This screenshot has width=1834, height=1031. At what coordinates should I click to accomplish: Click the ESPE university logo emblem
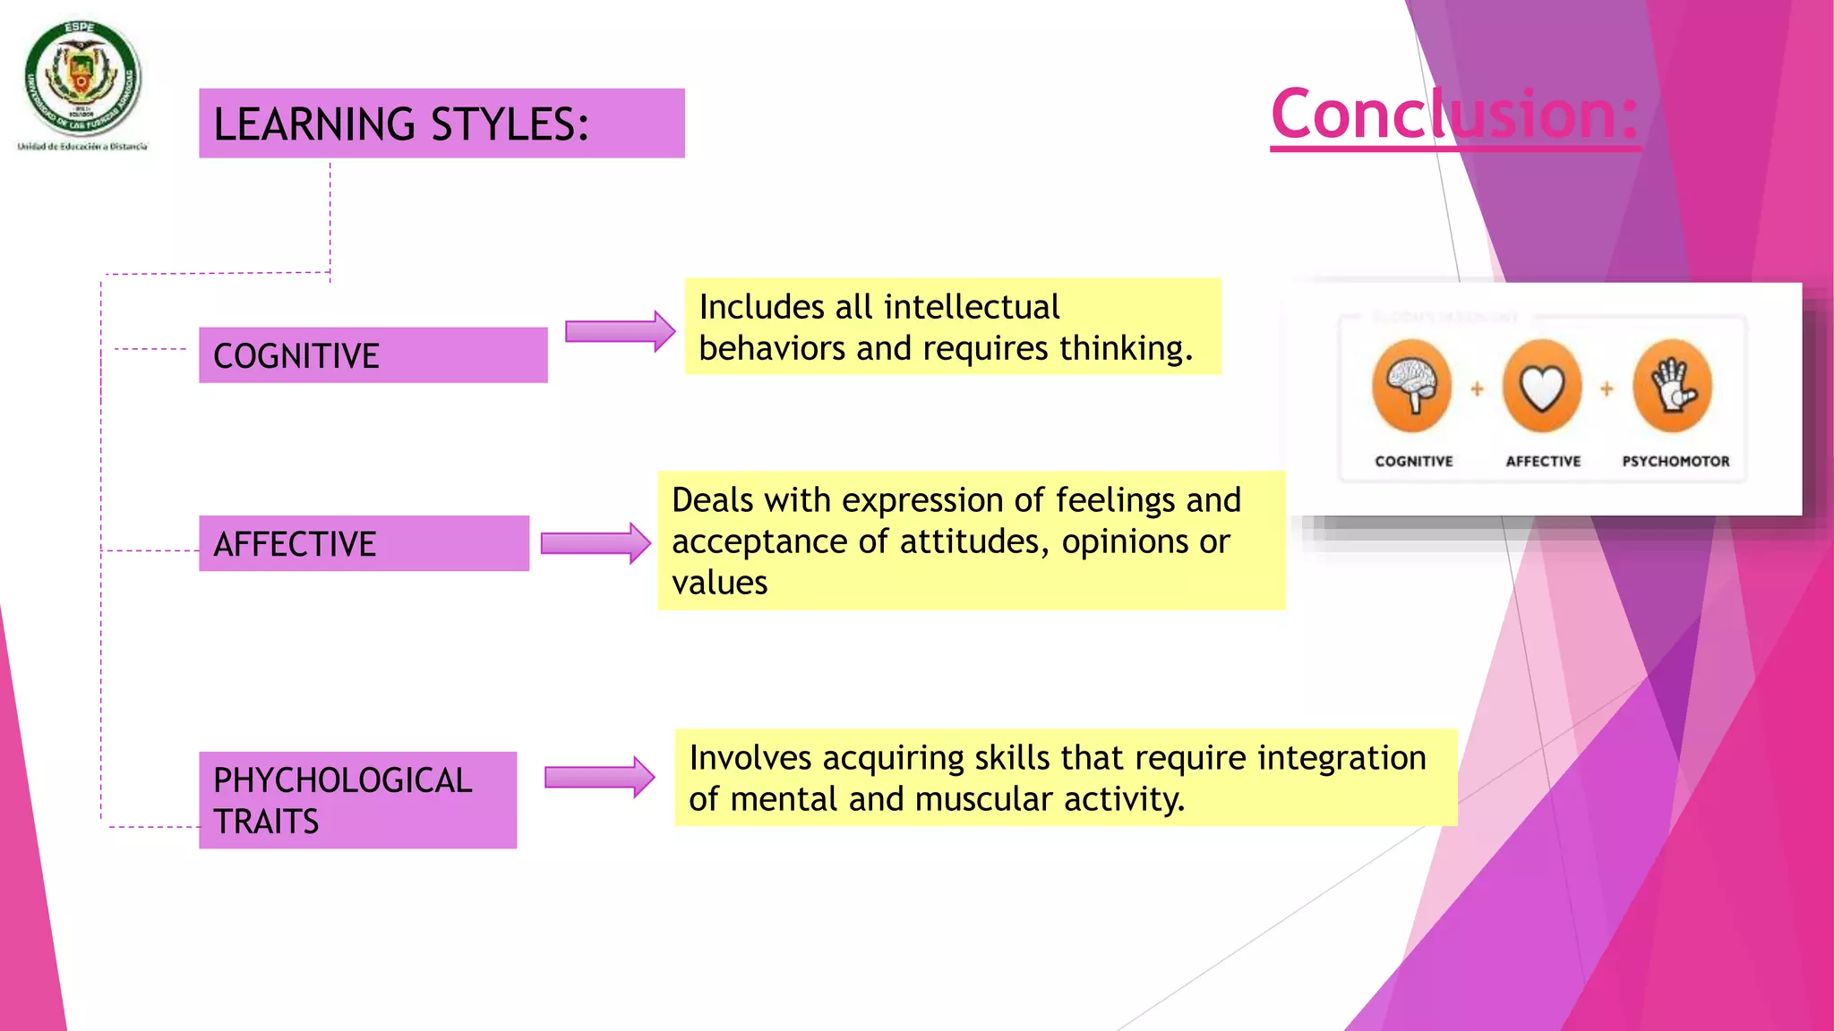82,79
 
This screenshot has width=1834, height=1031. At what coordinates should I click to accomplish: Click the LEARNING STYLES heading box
441,124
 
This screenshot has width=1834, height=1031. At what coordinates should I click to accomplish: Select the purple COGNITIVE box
373,355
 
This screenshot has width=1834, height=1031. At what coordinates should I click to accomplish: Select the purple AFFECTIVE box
364,543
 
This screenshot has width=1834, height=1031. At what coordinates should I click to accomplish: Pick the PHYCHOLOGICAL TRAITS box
357,800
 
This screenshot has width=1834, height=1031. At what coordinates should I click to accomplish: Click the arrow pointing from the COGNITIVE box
620,331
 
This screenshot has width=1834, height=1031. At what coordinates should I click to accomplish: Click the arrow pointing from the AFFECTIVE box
596,543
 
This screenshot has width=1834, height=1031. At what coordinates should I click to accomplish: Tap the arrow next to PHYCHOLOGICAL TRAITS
599,777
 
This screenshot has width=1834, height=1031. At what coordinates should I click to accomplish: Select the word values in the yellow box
720,583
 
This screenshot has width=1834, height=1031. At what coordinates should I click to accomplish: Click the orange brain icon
1412,387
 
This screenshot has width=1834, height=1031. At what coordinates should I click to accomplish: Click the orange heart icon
1542,387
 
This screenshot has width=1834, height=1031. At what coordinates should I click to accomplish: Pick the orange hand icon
1672,387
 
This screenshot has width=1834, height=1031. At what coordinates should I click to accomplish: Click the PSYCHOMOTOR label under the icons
1675,461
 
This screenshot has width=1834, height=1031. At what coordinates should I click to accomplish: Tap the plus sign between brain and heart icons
1477,388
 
